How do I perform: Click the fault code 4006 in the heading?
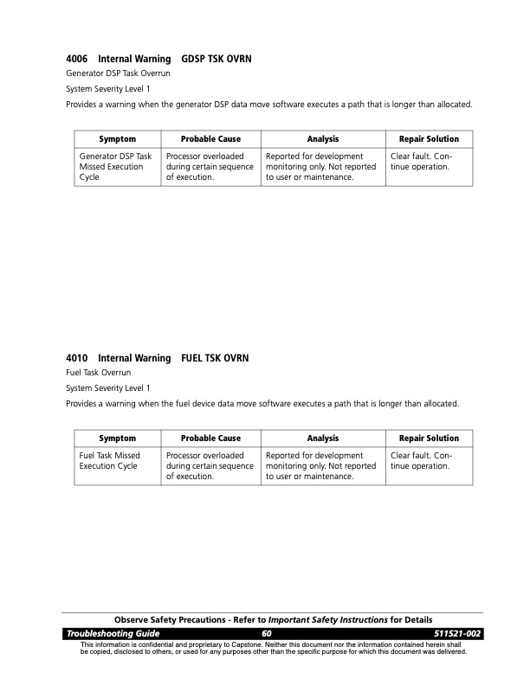tap(77, 60)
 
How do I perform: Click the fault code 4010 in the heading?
tap(77, 358)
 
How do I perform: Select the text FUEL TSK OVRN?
tap(215, 358)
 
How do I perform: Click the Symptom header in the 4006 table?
tap(117, 139)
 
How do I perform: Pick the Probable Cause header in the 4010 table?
tap(210, 439)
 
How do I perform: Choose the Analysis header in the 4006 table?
tap(323, 139)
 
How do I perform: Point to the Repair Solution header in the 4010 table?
tap(429, 439)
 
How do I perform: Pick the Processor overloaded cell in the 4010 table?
tap(210, 465)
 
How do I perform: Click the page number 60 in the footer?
tap(267, 635)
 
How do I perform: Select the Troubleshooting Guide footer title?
tap(113, 635)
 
